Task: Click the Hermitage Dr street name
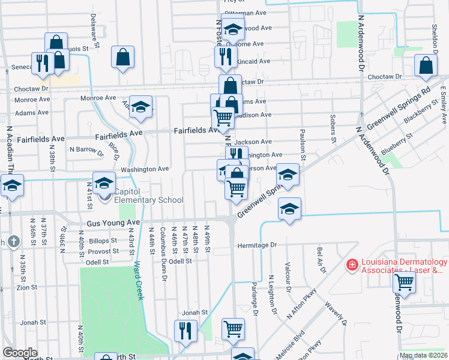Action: pyautogui.click(x=256, y=245)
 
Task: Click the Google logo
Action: pyautogui.click(x=20, y=353)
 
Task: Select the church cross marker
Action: pyautogui.click(x=14, y=242)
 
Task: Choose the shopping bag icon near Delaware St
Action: pyautogui.click(x=122, y=57)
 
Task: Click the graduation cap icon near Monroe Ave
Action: pyautogui.click(x=140, y=107)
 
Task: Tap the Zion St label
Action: pyautogui.click(x=27, y=287)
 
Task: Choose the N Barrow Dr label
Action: pyautogui.click(x=87, y=149)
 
